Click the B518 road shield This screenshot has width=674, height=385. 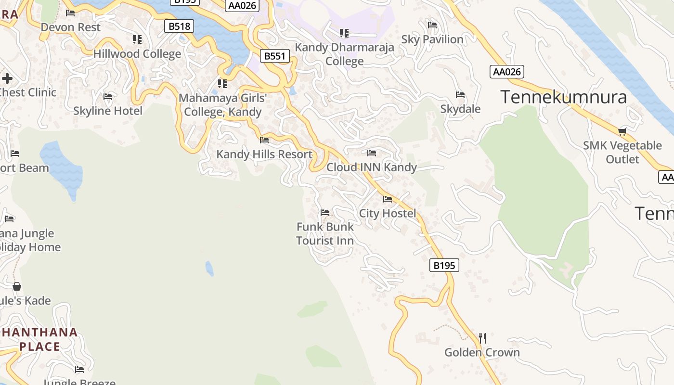(179, 26)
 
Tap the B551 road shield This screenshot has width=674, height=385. (275, 56)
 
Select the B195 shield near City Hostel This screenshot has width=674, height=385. (444, 265)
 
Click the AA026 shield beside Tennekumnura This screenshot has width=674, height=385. (507, 72)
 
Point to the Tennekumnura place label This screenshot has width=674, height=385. (564, 97)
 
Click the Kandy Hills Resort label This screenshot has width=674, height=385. (264, 154)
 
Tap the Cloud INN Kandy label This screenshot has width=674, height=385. (372, 167)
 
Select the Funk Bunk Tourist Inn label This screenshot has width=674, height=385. (325, 233)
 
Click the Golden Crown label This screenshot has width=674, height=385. (482, 352)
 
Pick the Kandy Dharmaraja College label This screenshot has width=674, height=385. (344, 54)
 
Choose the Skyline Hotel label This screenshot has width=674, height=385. (108, 111)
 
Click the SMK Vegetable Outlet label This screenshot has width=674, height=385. (622, 152)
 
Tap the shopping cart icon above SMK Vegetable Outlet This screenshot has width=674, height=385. (622, 131)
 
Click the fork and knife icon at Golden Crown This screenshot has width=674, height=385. (482, 338)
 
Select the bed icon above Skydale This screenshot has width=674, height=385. (460, 95)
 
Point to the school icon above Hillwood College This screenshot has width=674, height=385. (137, 39)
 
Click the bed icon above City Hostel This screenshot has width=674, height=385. (388, 199)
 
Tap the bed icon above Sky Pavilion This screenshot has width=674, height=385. (432, 25)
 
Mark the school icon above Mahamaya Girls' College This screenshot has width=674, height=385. (222, 84)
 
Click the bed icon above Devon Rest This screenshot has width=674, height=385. (70, 13)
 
